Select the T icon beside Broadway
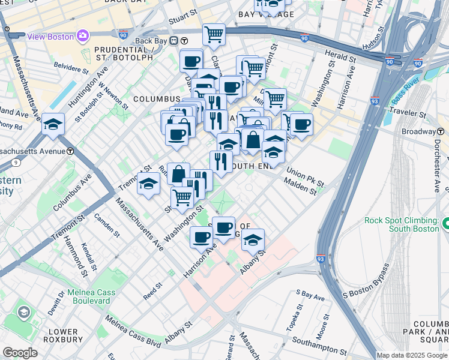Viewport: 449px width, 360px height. click(x=441, y=131)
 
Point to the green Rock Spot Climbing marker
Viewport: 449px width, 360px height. click(x=445, y=224)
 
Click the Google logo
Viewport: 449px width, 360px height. click(x=19, y=353)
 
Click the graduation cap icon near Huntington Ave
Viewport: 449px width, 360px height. click(x=53, y=125)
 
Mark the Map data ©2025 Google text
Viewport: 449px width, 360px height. click(x=411, y=355)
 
